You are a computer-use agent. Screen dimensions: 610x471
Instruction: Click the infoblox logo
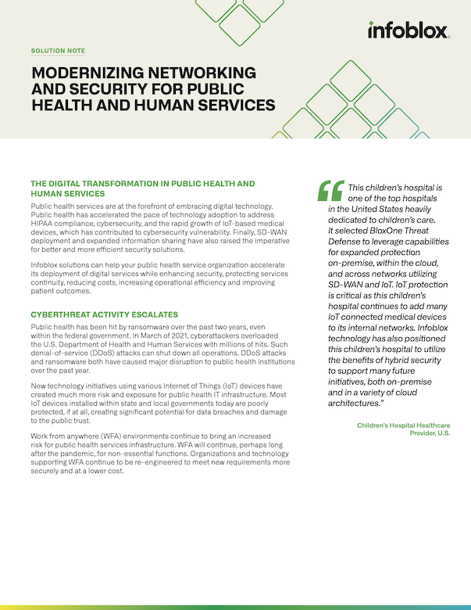pyautogui.click(x=408, y=30)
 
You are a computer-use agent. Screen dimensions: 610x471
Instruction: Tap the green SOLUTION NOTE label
pyautogui.click(x=58, y=51)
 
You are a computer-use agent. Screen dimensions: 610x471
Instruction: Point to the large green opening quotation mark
pyautogui.click(x=330, y=192)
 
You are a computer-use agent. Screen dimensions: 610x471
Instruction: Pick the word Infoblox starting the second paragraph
pyautogui.click(x=46, y=263)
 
